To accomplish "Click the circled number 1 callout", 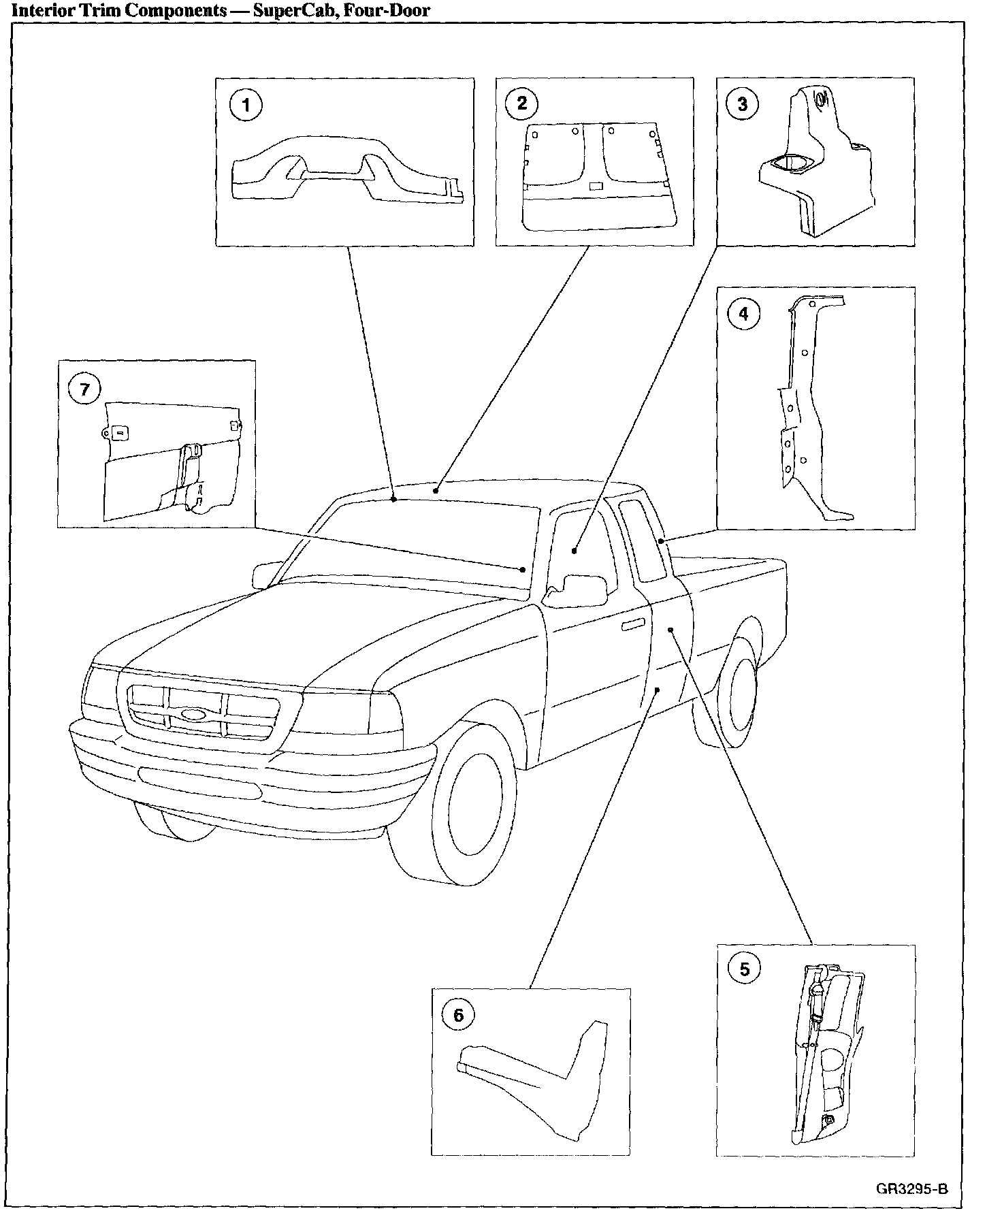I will click(246, 106).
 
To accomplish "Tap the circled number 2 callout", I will click(522, 103).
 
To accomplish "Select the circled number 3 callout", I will click(742, 104).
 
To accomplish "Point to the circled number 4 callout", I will click(743, 314).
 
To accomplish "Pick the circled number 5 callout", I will click(743, 969).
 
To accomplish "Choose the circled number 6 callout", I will click(458, 1016).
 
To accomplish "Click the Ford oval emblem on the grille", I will click(195, 715).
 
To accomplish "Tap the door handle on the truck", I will click(633, 624).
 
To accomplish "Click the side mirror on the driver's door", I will click(580, 588).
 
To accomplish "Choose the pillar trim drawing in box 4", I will click(803, 408).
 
